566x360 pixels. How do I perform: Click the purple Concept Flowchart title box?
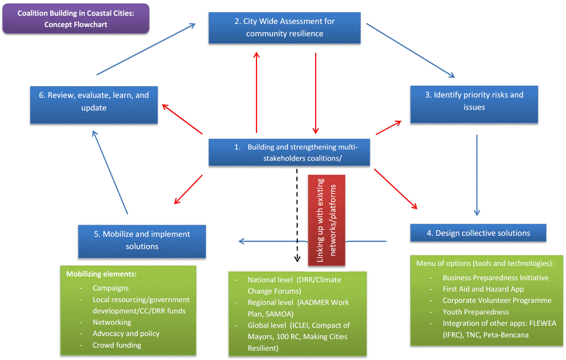point(75,19)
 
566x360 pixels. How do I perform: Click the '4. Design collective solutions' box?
point(478,233)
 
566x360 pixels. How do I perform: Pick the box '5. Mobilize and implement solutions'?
point(142,240)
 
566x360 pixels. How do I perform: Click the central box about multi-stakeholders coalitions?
point(289,152)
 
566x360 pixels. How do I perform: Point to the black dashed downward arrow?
point(296,215)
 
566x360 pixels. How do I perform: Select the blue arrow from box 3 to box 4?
point(476,175)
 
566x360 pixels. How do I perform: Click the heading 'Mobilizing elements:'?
point(101,274)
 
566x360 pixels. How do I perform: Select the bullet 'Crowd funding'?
point(116,345)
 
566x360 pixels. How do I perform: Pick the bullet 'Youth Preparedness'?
point(475,312)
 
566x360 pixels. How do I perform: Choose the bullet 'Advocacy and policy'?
point(126,333)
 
